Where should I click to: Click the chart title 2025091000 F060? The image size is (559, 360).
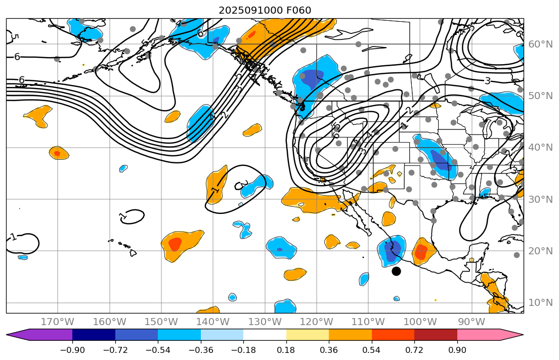265,10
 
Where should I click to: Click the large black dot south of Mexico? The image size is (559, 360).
396,271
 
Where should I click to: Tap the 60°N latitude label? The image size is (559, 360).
540,44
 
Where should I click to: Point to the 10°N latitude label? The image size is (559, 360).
540,303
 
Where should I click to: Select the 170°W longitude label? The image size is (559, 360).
57,322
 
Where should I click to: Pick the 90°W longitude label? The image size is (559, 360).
471,322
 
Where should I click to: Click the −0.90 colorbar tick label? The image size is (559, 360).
72,350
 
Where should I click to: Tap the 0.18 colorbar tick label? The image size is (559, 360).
286,350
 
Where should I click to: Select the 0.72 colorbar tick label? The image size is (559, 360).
414,350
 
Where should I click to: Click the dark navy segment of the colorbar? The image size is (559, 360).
94,335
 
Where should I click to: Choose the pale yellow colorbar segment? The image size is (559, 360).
308,335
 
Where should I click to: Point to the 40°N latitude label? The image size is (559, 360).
540,148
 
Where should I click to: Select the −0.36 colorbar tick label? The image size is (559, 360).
201,350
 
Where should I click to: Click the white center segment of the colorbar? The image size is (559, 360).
265,335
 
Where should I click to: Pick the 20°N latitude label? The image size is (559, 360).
540,251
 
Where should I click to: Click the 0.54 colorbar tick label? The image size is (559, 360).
372,350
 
